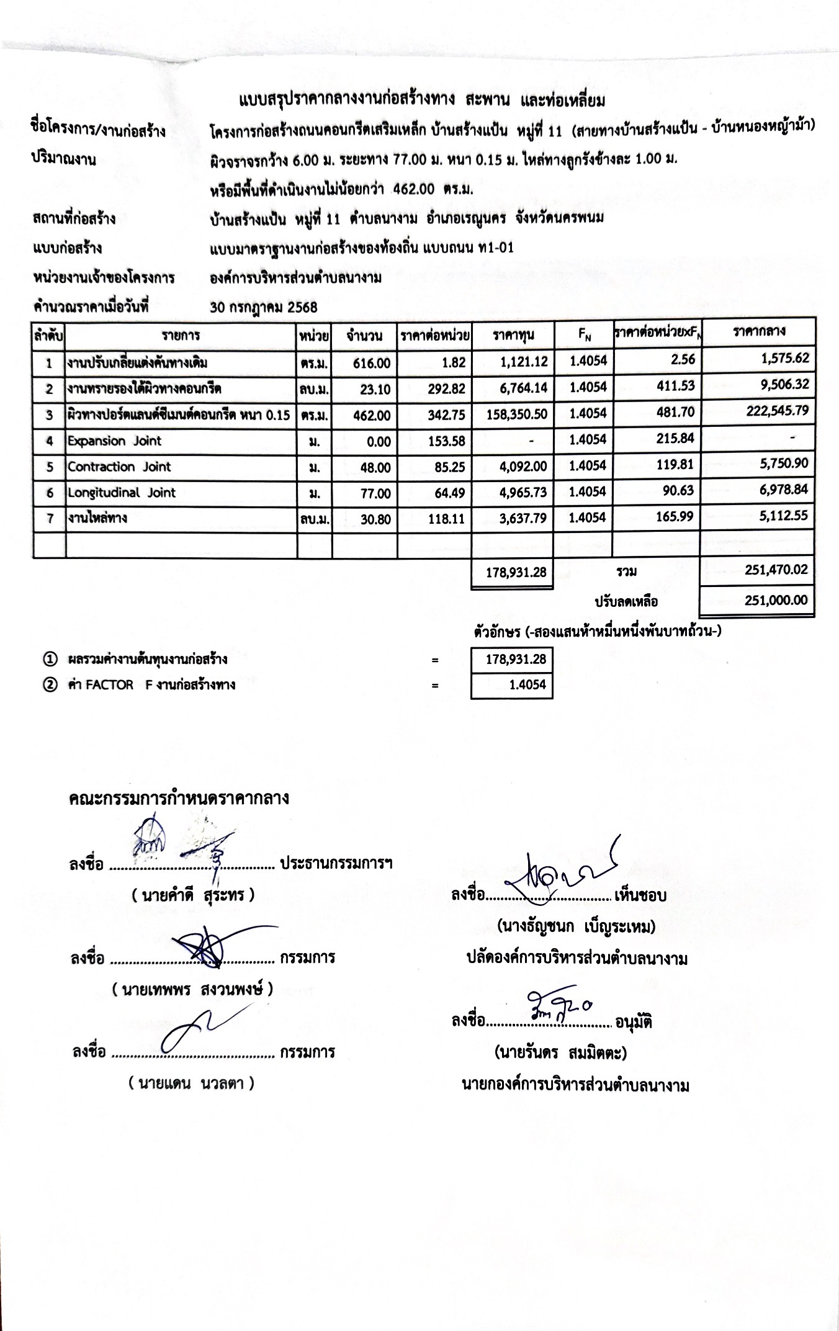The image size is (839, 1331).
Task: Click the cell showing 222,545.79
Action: (x=777, y=411)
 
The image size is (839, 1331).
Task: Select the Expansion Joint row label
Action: (x=114, y=441)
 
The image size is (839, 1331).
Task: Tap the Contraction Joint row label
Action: (x=119, y=467)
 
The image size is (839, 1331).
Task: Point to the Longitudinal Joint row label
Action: (x=122, y=493)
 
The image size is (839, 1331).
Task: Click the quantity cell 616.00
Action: (x=372, y=364)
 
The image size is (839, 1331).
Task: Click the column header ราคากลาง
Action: (x=758, y=331)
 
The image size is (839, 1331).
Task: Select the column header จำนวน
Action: (x=364, y=336)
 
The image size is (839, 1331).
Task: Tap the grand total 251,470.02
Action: (x=776, y=570)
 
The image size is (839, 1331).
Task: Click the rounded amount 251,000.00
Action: (x=776, y=599)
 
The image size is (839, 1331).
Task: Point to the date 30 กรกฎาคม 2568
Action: (x=264, y=307)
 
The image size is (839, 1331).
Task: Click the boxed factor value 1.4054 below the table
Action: (x=527, y=685)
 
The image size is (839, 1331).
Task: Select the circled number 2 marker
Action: (x=50, y=685)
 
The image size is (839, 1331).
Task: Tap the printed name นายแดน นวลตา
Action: (x=192, y=1083)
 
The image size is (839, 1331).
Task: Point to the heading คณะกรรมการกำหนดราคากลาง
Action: (x=179, y=798)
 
